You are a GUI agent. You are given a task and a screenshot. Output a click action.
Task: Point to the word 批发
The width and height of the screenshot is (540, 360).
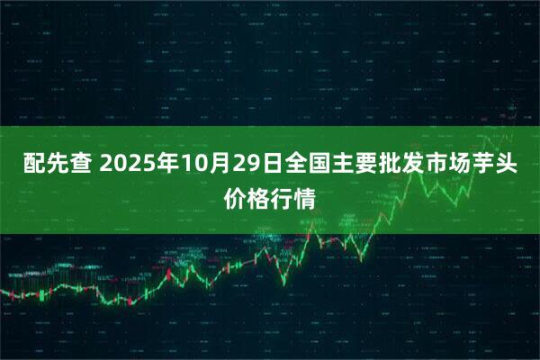(x=395, y=166)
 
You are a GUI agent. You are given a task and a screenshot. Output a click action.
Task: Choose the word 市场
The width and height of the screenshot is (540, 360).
(x=446, y=166)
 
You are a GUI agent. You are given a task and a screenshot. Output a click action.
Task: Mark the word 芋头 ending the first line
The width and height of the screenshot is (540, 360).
(x=498, y=166)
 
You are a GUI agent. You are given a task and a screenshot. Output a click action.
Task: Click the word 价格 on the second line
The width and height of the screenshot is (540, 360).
(x=245, y=198)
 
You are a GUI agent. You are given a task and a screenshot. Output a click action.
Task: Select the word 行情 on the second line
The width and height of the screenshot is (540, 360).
(x=295, y=198)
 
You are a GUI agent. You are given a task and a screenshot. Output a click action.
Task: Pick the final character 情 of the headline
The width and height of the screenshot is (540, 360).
(x=308, y=198)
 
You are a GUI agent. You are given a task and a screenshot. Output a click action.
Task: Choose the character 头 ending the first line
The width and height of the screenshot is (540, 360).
(x=510, y=166)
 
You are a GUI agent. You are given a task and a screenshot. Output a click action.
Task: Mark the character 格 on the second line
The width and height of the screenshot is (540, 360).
(x=257, y=198)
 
